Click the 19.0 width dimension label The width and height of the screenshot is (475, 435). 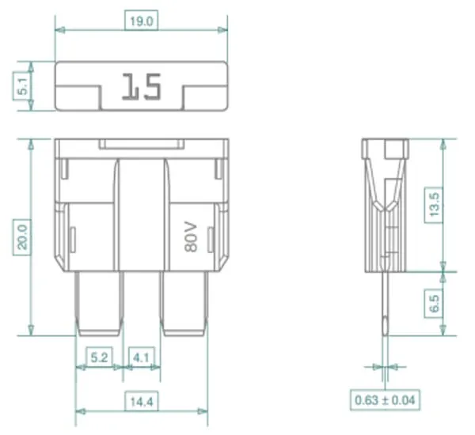tap(141, 21)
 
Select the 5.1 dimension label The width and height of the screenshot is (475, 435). tap(23, 86)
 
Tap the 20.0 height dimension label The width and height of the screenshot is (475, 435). tap(23, 237)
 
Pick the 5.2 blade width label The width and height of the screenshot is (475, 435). tap(99, 357)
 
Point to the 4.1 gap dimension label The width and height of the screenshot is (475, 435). tap(141, 357)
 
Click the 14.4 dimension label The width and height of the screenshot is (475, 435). tap(142, 402)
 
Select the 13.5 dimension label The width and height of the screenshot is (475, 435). tap(434, 205)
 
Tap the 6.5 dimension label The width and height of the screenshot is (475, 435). tap(434, 304)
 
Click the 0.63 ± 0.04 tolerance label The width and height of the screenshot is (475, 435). tap(385, 400)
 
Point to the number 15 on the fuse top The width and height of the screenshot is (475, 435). tap(142, 86)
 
